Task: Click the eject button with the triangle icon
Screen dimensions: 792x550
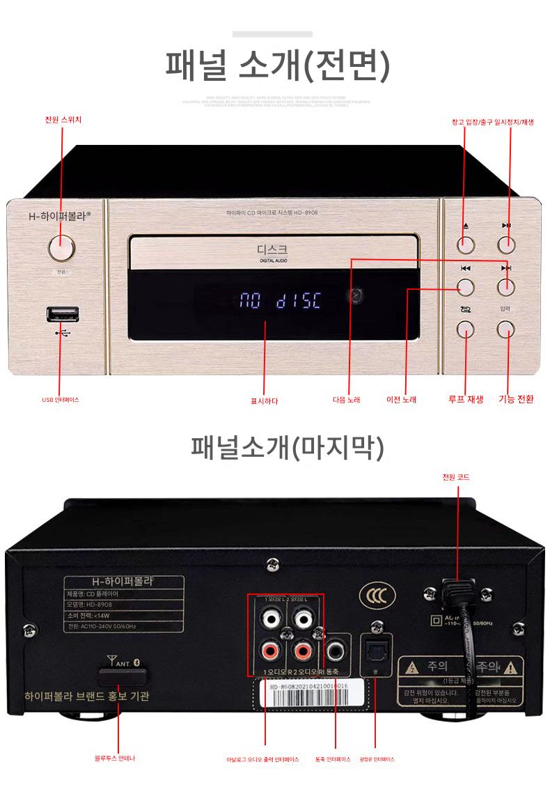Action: pos(466,244)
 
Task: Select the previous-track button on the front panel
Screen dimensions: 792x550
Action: pos(466,286)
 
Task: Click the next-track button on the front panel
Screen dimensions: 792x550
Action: pos(506,286)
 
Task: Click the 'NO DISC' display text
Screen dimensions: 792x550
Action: pos(281,302)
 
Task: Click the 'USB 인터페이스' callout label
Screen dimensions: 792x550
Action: pos(61,400)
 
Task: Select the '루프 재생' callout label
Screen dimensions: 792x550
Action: pos(465,400)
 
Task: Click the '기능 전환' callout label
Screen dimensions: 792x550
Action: pos(516,400)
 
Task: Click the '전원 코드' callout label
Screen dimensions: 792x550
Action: pos(456,477)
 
